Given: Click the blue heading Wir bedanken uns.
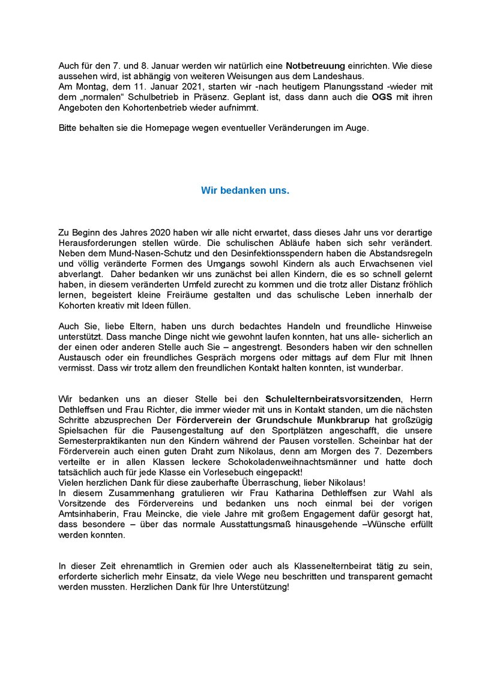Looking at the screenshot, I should pos(245,191).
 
